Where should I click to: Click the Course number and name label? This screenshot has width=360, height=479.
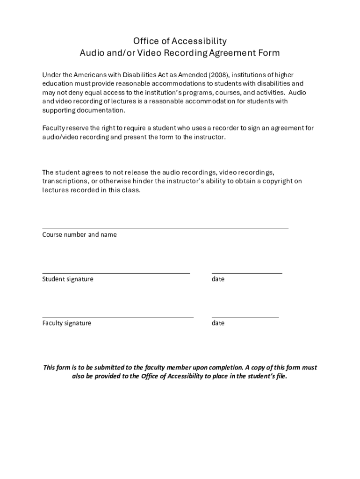[79, 235]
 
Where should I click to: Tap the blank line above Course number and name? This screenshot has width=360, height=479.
[165, 228]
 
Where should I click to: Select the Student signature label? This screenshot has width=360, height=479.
[68, 279]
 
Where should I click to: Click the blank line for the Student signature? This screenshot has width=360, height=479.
[116, 272]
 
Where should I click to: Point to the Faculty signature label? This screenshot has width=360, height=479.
[67, 323]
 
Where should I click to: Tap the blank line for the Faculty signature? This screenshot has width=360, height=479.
[118, 317]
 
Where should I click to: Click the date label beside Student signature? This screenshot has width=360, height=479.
[218, 279]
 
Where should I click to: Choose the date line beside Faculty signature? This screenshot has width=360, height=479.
[245, 317]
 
